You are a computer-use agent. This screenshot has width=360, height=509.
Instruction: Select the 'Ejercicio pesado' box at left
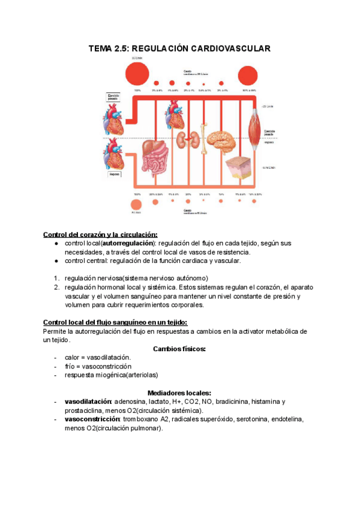(114, 97)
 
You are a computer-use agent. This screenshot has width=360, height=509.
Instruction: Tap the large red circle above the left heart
(137, 75)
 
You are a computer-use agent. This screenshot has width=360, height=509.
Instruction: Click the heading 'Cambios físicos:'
(179, 349)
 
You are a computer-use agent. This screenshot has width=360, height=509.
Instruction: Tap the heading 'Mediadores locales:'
(179, 392)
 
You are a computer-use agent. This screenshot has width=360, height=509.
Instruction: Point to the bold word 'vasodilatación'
(88, 402)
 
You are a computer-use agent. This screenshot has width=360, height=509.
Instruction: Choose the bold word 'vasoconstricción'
(92, 419)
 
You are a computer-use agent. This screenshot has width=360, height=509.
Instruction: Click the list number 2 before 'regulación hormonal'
(56, 288)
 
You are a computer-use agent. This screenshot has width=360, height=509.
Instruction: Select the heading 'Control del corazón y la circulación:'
(100, 234)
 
